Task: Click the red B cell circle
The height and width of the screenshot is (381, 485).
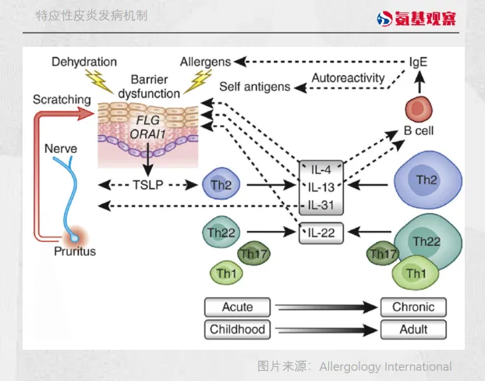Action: coord(419,109)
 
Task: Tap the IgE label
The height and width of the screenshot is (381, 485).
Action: coord(419,61)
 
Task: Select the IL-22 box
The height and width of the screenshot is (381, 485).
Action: coord(322,232)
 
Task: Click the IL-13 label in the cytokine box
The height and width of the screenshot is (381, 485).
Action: coord(322,187)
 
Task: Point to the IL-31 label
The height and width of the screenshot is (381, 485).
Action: coord(322,205)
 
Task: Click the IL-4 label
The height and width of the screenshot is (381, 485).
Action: coord(322,169)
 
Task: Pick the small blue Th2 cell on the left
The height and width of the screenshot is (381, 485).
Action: coord(219,186)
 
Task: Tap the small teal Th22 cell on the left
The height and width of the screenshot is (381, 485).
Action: coord(220,232)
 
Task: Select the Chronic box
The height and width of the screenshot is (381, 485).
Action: coord(414,307)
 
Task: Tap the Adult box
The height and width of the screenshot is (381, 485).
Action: coord(414,329)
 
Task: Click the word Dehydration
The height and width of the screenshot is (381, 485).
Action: coord(84,61)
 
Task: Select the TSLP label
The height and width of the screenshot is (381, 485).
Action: coord(149,186)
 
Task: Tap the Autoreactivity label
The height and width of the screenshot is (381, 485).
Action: coord(348,78)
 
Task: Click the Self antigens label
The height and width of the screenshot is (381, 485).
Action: coord(254,86)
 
